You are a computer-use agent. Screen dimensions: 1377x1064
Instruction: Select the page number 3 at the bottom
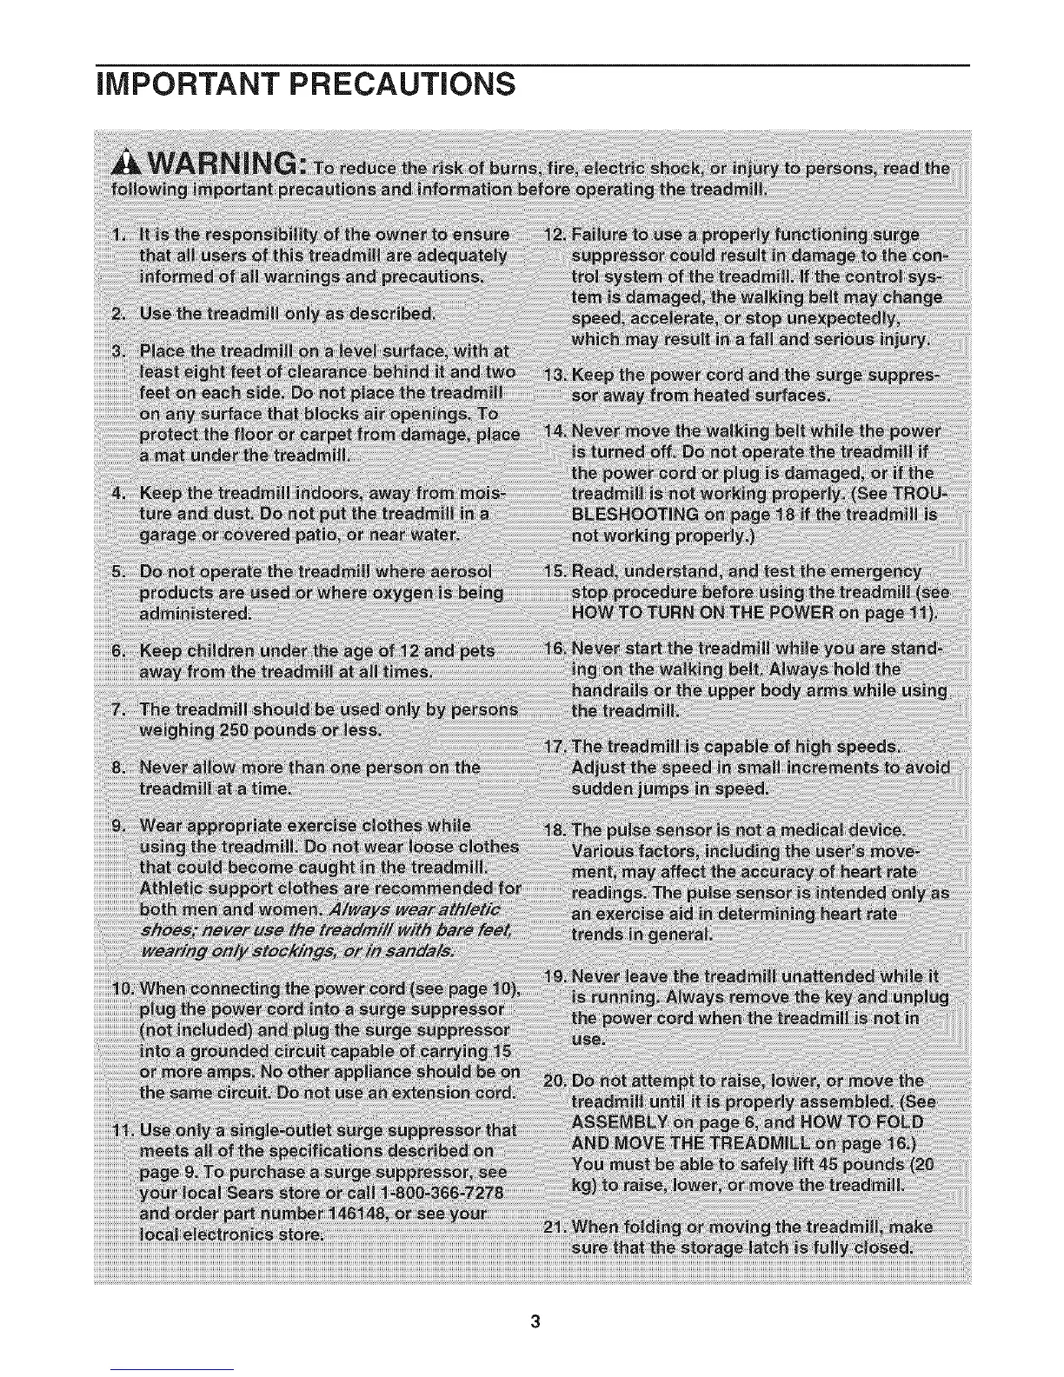pyautogui.click(x=535, y=1322)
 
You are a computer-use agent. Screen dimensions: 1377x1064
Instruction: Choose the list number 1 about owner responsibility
pyautogui.click(x=118, y=235)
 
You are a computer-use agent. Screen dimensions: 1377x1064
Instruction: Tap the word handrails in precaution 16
pyautogui.click(x=616, y=691)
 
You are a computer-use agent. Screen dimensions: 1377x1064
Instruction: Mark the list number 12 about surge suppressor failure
pyautogui.click(x=551, y=236)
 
